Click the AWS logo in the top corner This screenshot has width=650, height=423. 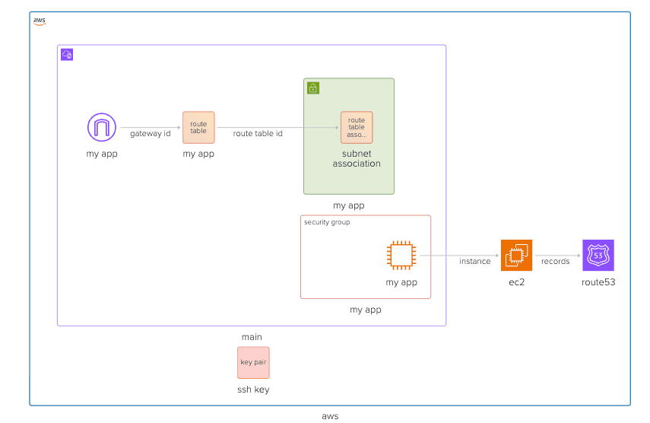coord(40,21)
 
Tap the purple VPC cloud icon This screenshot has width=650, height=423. coord(67,54)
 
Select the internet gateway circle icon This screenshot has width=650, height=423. coord(102,127)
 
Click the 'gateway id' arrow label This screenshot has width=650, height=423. coord(150,134)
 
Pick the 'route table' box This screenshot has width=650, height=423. coord(198,127)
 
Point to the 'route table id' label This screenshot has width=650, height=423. coord(258,134)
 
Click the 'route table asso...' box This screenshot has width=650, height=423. coord(357,127)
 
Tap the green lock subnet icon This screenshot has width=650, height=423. coord(313,88)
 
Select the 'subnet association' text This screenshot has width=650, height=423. coord(357,158)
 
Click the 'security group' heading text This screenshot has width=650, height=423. coord(327,222)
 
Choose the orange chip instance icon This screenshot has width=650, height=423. coord(401,256)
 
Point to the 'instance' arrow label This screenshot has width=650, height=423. coord(474,261)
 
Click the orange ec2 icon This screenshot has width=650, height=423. coord(516,255)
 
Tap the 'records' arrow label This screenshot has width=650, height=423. coord(555,261)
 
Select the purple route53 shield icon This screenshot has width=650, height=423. coord(598,255)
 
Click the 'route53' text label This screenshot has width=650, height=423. coord(598,282)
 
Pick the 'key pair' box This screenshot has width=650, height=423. coord(253,362)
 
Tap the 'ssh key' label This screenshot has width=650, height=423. coord(253,390)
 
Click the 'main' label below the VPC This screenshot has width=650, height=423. coord(252,337)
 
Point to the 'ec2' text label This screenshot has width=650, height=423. coord(516,282)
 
